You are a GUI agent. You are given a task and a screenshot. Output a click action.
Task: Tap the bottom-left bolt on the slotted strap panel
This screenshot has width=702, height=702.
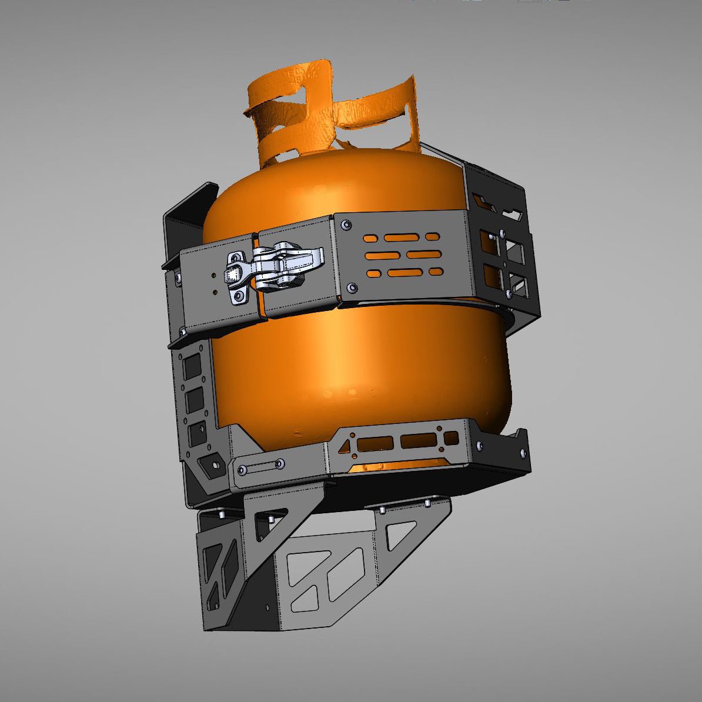(x=351, y=288)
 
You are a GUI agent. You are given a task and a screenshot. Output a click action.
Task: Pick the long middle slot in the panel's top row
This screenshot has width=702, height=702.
(x=402, y=237)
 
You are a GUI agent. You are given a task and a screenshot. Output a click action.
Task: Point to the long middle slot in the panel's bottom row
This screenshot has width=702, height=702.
(x=405, y=272)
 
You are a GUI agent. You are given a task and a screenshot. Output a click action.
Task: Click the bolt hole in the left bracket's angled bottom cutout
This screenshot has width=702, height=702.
(x=214, y=464)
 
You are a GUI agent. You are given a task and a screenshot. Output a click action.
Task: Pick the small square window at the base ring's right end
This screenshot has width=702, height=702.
(x=451, y=438)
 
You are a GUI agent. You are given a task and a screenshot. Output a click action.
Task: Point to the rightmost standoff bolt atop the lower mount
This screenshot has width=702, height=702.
(x=427, y=503)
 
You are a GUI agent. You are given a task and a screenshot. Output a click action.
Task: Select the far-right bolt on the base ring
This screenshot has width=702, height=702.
(x=522, y=452)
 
